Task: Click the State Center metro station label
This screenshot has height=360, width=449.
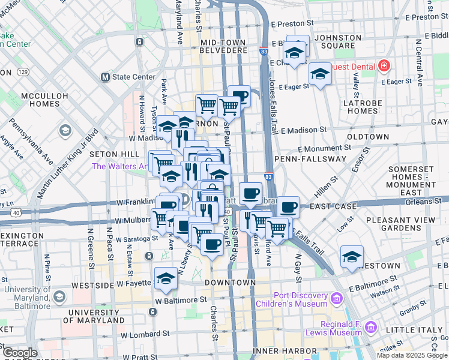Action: (126, 77)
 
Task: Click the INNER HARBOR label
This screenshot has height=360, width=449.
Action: (285, 350)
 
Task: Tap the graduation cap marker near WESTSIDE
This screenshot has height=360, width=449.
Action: (166, 278)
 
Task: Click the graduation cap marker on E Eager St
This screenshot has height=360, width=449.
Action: (320, 74)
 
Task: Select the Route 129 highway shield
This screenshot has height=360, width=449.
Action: (23, 72)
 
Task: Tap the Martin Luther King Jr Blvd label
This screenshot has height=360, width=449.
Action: (67, 165)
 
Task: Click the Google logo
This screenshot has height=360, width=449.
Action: (20, 353)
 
